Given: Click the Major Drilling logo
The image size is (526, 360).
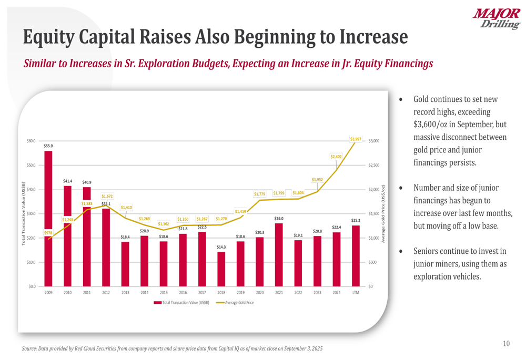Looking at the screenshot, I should (495, 19).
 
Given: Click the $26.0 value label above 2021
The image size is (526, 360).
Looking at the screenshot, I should (279, 218).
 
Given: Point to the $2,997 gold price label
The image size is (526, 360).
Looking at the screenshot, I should (356, 139).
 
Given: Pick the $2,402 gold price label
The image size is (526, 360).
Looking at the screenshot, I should (337, 157).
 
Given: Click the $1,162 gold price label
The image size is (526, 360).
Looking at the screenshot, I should (164, 223).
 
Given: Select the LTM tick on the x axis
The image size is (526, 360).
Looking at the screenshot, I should (356, 292).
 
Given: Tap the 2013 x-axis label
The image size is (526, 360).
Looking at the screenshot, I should (125, 292).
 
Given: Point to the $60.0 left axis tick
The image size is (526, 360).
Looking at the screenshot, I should (31, 141).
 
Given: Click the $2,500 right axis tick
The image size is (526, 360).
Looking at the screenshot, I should (375, 165).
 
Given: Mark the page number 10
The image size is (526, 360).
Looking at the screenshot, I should (506, 344).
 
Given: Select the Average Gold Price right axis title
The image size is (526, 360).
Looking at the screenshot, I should (383, 213).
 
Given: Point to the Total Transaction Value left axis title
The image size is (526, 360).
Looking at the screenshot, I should (24, 213).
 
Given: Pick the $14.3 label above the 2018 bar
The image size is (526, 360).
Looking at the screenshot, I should (221, 246).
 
